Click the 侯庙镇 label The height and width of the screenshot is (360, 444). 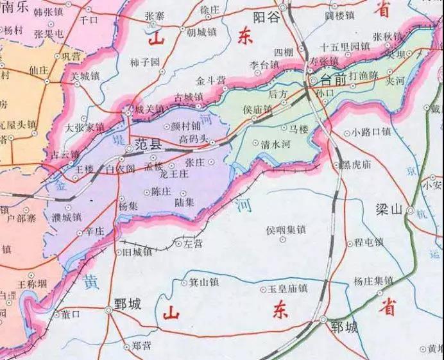[x=257, y=110]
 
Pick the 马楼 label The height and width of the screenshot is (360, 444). [x=299, y=129]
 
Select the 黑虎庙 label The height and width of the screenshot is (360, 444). [x=355, y=165]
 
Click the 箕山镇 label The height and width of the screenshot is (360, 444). [x=205, y=282]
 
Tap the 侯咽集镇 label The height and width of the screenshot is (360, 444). [x=286, y=229]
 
